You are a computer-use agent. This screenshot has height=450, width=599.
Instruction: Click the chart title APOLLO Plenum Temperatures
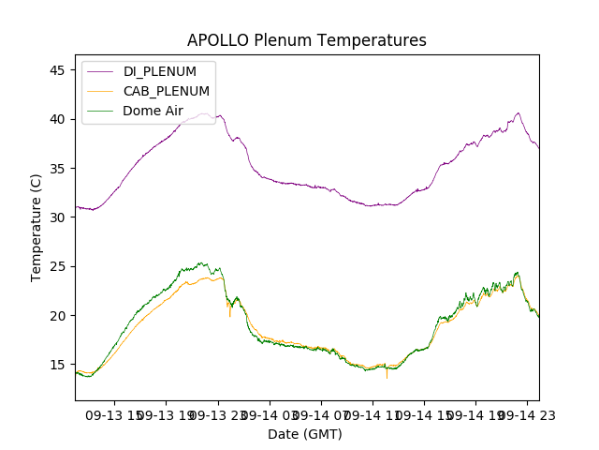pos(306,40)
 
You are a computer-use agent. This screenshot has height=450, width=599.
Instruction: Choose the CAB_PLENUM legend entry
pos(167,91)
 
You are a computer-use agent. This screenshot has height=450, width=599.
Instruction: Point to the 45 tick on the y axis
pos(57,70)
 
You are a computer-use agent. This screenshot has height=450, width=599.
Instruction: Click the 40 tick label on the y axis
pos(57,119)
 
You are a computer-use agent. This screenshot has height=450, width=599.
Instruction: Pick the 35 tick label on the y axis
pos(57,169)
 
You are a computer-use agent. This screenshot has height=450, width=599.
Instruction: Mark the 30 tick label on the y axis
pos(57,217)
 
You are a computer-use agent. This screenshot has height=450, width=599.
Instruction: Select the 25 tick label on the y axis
pos(57,266)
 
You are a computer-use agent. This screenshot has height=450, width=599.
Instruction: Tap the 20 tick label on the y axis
pos(57,316)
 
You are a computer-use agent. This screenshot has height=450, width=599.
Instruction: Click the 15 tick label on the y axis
pos(57,365)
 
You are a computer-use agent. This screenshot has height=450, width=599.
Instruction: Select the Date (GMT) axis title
pos(305,434)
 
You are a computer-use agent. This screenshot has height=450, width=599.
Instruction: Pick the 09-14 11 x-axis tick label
pos(373,414)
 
